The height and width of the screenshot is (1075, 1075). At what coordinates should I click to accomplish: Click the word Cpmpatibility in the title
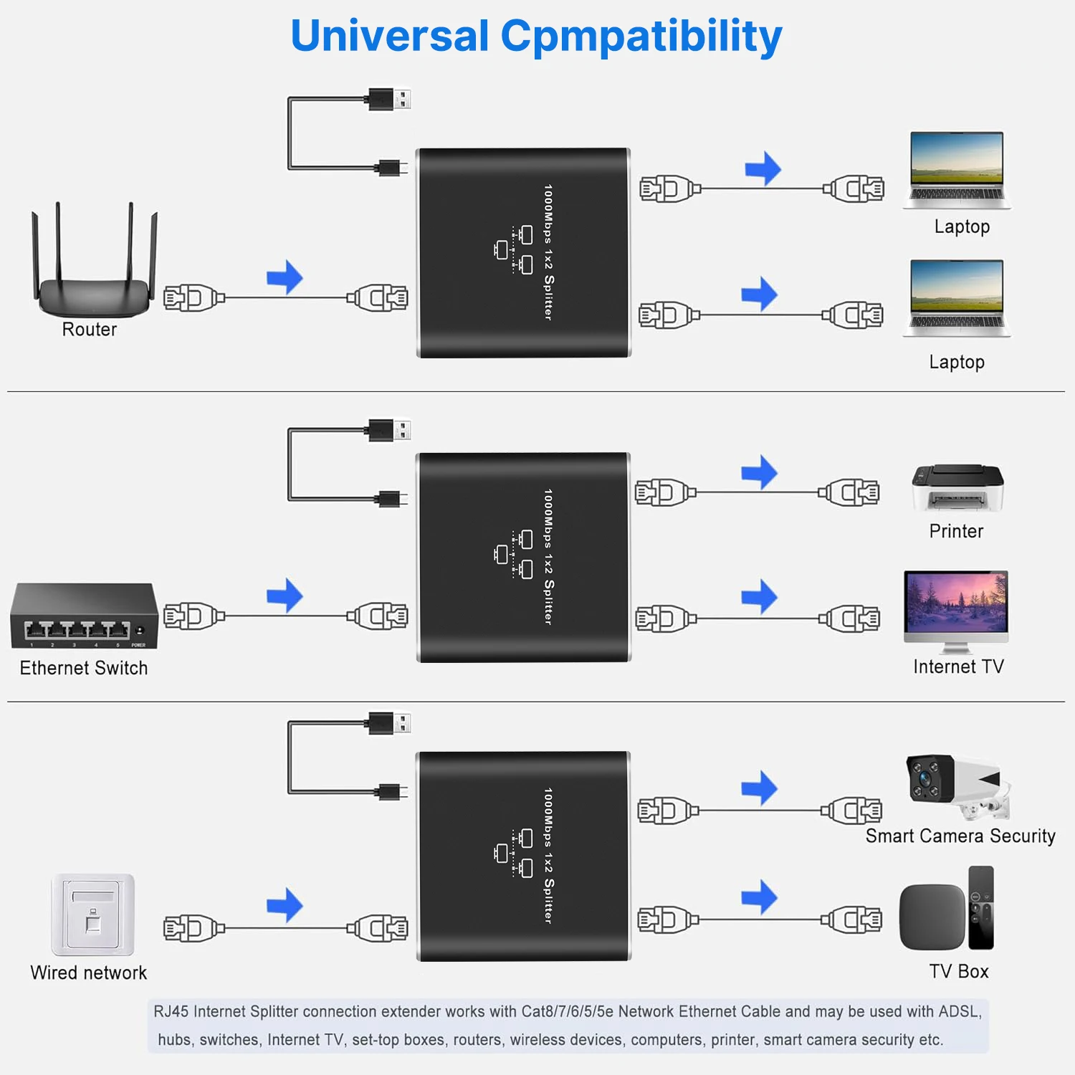click(x=641, y=37)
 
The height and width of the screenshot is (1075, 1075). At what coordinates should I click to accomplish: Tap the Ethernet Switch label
click(x=84, y=668)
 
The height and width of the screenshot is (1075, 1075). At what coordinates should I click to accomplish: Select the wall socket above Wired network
click(x=92, y=914)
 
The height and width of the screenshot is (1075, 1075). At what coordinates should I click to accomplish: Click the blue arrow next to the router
click(x=285, y=277)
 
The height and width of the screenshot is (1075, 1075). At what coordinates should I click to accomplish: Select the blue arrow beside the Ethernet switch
click(x=285, y=596)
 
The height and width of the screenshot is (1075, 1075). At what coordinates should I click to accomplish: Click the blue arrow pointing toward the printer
click(x=760, y=472)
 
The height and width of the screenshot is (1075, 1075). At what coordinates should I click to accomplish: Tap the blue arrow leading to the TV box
click(x=760, y=897)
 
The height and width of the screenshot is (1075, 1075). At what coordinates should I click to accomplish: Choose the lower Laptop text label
click(x=957, y=362)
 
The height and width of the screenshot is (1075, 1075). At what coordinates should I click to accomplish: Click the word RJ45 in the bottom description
click(x=171, y=1011)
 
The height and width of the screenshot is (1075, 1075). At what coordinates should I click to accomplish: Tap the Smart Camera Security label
click(x=960, y=836)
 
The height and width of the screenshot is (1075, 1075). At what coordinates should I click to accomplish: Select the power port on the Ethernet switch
click(x=140, y=631)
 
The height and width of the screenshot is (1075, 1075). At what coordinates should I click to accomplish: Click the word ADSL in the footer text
click(x=959, y=1011)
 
